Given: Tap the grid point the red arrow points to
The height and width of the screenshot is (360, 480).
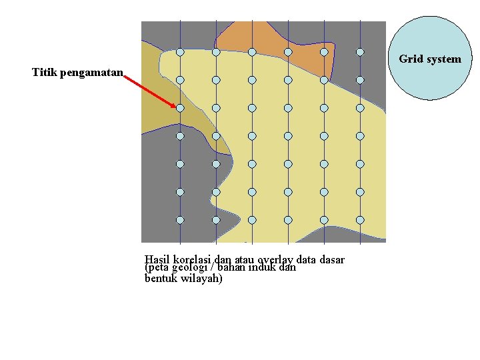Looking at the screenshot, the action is click(x=180, y=107).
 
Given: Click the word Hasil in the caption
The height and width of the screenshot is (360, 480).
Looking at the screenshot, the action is click(x=157, y=259).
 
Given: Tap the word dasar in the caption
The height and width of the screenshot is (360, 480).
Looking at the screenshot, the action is click(x=332, y=259).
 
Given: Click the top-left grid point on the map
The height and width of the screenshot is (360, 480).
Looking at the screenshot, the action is click(x=180, y=52).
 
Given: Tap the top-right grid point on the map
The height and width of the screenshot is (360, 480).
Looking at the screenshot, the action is click(x=360, y=52).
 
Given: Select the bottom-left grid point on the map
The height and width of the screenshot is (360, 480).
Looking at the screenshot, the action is click(x=180, y=219).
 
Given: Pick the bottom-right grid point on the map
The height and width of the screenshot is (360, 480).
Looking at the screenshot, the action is click(x=360, y=219).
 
